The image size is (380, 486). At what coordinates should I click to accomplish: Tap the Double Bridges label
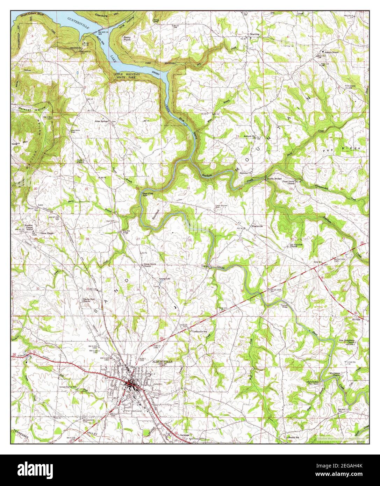tap(274, 179)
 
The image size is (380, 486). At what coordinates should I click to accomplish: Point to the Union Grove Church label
tap(150, 265)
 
